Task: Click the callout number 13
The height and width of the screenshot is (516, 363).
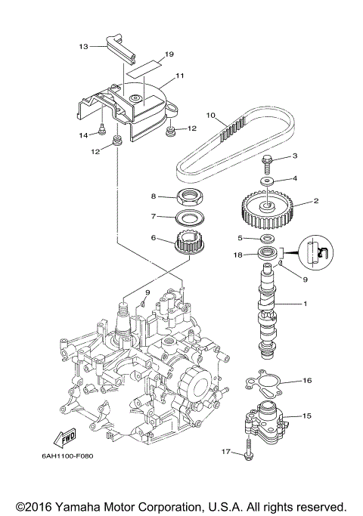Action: (x=83, y=46)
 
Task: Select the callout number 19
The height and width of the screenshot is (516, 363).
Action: (x=169, y=54)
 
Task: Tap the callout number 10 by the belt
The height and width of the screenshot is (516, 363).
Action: (x=211, y=116)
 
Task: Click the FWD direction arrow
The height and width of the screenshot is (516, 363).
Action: (x=64, y=439)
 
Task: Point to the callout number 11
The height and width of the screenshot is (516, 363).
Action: (x=180, y=76)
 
